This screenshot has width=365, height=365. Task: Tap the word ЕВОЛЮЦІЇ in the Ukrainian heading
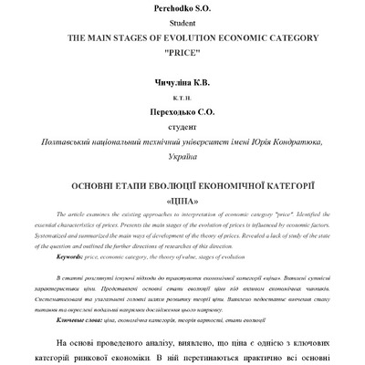pyautogui.click(x=167, y=186)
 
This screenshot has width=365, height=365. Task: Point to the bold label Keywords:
pyautogui.click(x=72, y=257)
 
